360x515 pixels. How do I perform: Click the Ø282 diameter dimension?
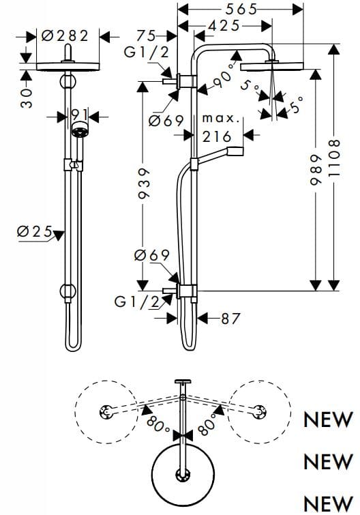click(x=66, y=36)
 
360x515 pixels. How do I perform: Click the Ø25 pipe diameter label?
click(x=34, y=232)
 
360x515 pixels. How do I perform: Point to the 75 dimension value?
click(x=147, y=35)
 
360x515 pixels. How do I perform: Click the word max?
click(x=221, y=119)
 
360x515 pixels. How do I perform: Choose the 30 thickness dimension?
click(x=27, y=96)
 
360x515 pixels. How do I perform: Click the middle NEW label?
click(x=328, y=462)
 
